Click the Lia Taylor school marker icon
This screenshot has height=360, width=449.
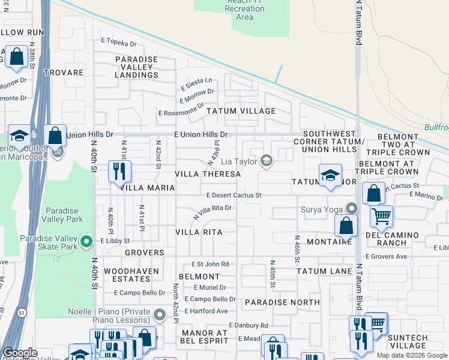[x=267, y=161]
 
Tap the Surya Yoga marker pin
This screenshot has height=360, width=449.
[x=352, y=209]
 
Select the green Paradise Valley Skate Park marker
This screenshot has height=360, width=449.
[x=86, y=242]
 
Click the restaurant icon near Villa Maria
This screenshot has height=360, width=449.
[x=119, y=171]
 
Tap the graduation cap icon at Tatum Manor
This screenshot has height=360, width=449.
[x=330, y=175]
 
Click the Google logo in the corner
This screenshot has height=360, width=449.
[x=20, y=353]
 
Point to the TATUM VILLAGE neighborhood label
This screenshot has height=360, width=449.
[x=241, y=111]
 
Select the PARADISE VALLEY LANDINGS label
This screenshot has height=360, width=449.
[x=136, y=67]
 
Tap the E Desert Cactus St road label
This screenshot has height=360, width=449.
[x=234, y=196]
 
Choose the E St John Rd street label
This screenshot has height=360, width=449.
[x=210, y=264]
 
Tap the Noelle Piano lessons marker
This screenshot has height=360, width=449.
[x=160, y=315]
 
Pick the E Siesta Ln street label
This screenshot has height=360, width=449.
[x=196, y=80]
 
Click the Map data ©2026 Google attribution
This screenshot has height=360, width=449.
[x=412, y=355]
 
